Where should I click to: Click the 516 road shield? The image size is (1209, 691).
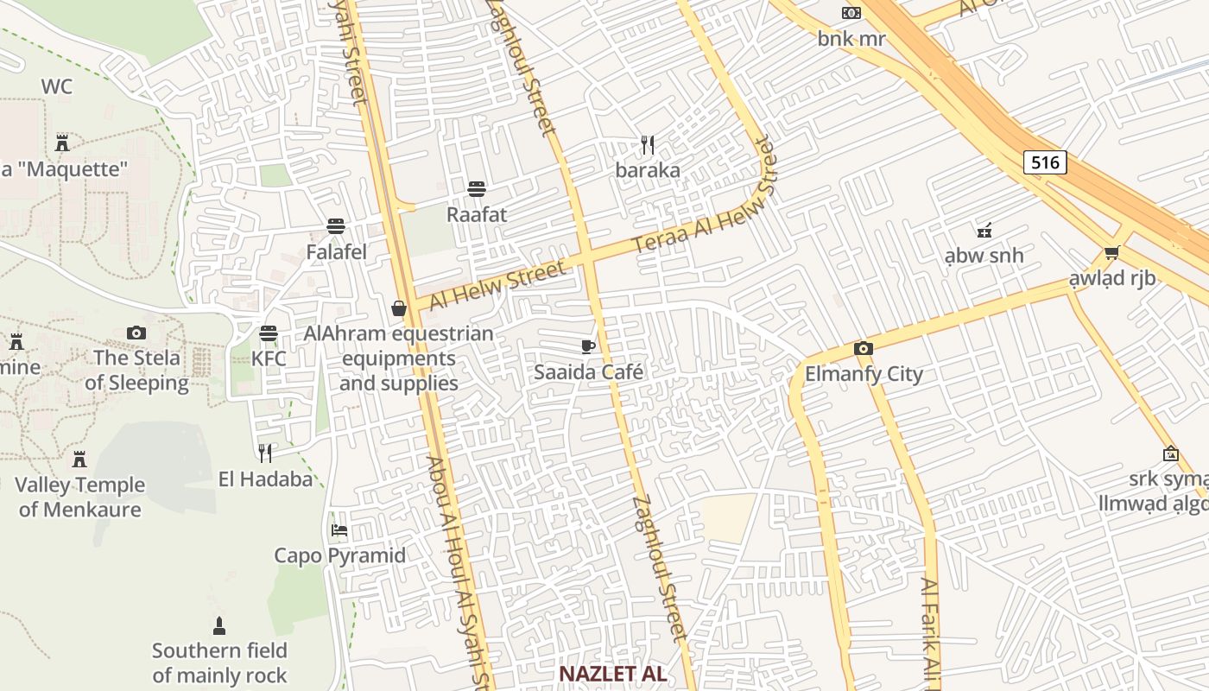pos(1045,162)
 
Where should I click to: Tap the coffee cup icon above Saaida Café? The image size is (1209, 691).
pos(588,346)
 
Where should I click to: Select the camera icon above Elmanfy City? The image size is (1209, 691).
pos(863,348)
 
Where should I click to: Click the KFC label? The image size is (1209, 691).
pos(269,358)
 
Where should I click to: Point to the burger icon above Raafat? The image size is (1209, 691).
pos(476,188)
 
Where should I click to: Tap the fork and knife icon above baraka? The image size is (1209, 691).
pos(648,144)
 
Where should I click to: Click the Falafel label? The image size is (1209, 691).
pos(337,252)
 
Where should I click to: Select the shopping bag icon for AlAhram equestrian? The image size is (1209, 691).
pos(399,307)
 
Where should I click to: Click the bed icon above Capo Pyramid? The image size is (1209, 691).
pos(339,529)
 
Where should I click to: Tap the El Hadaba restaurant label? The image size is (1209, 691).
pos(265,479)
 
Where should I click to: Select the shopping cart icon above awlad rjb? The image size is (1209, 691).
pos(1111,253)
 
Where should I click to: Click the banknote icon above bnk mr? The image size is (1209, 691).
pos(851,13)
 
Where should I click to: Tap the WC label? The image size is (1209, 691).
pos(56,86)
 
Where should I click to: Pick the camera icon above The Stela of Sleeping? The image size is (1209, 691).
pos(136,333)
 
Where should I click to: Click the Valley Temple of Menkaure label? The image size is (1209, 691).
pos(79,497)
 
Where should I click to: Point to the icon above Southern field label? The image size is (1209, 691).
pos(219,625)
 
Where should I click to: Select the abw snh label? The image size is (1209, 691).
pos(984,256)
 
